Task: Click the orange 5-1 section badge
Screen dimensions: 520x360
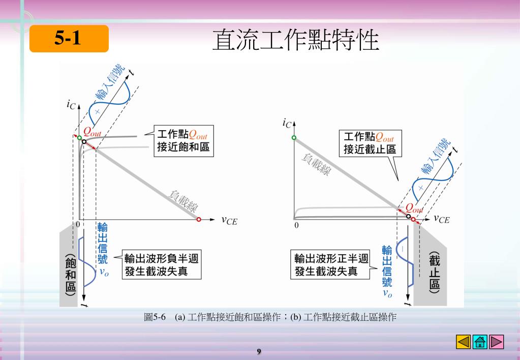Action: coord(69,39)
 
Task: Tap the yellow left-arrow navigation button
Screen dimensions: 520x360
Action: coord(464,342)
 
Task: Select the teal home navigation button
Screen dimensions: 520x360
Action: coord(480,342)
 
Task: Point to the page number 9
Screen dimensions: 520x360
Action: coord(259,351)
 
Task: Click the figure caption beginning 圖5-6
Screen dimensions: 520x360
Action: coord(270,318)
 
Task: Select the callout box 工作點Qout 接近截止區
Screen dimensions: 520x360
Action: coord(370,143)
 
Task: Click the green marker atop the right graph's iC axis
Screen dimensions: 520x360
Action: coord(294,138)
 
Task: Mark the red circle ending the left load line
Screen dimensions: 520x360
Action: coord(199,220)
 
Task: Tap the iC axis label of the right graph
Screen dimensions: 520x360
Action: coord(287,123)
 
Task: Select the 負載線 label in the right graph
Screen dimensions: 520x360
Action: coord(316,165)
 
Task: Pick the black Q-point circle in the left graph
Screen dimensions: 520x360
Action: coord(84,142)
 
